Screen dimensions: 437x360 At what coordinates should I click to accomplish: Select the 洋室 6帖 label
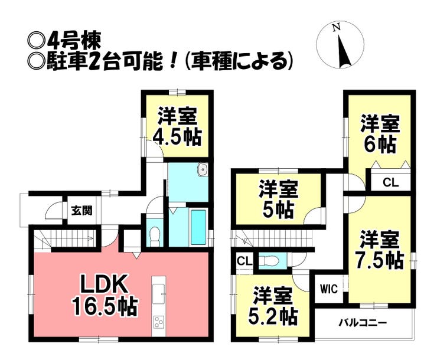point(380,134)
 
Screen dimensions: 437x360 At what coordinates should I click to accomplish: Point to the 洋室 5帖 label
point(279,199)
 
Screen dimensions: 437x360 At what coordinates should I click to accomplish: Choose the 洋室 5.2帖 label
point(273,306)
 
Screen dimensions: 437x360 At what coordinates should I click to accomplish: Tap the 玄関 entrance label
point(81,211)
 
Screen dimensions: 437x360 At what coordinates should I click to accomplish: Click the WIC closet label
point(329,289)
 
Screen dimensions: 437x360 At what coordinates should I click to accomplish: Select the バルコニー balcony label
point(363,323)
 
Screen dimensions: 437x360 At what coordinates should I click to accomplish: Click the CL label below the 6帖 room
point(390,182)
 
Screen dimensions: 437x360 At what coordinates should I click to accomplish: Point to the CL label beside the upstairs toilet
point(244,261)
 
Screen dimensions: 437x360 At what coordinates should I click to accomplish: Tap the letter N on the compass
point(337,27)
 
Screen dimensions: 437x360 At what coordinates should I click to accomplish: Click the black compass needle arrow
point(343,51)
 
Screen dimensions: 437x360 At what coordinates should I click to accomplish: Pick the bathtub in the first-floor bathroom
point(198,227)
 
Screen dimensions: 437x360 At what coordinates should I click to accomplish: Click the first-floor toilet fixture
point(154,236)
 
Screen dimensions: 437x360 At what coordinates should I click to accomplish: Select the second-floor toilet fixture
point(269,261)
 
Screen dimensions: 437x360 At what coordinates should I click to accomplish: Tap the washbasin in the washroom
point(202,170)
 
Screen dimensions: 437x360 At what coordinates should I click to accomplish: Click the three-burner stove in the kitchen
point(159,322)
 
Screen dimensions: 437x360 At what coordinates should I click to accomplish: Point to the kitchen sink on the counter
point(159,294)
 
